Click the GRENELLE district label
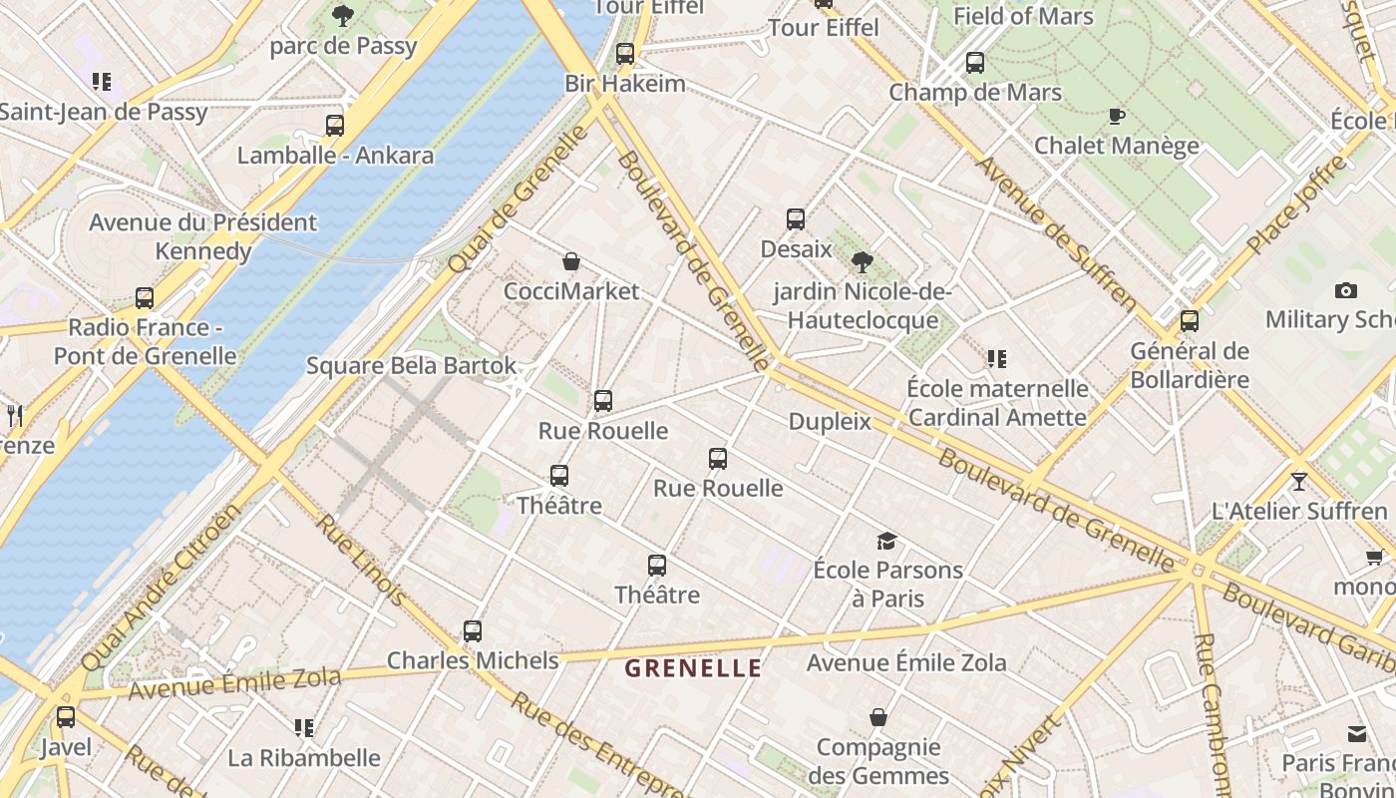pyautogui.click(x=693, y=668)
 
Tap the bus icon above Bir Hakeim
pyautogui.click(x=625, y=54)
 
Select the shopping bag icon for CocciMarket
pyautogui.click(x=571, y=262)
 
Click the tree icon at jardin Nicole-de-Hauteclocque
pyautogui.click(x=863, y=262)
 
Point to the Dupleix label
pyautogui.click(x=830, y=422)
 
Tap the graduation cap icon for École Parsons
pyautogui.click(x=886, y=542)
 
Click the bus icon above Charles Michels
pyautogui.click(x=473, y=631)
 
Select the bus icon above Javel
pyautogui.click(x=66, y=717)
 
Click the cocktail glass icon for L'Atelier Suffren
pyautogui.click(x=1298, y=482)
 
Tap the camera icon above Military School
pyautogui.click(x=1345, y=291)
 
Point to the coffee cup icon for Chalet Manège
pyautogui.click(x=1117, y=117)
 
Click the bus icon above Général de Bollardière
pyautogui.click(x=1189, y=322)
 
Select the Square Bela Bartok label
pyautogui.click(x=411, y=365)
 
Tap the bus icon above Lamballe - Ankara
pyautogui.click(x=335, y=126)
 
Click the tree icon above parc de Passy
pyautogui.click(x=343, y=16)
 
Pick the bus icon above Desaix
pyautogui.click(x=796, y=219)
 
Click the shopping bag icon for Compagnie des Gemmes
pyautogui.click(x=878, y=718)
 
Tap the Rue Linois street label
pyautogui.click(x=360, y=561)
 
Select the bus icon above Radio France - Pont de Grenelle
pyautogui.click(x=145, y=298)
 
